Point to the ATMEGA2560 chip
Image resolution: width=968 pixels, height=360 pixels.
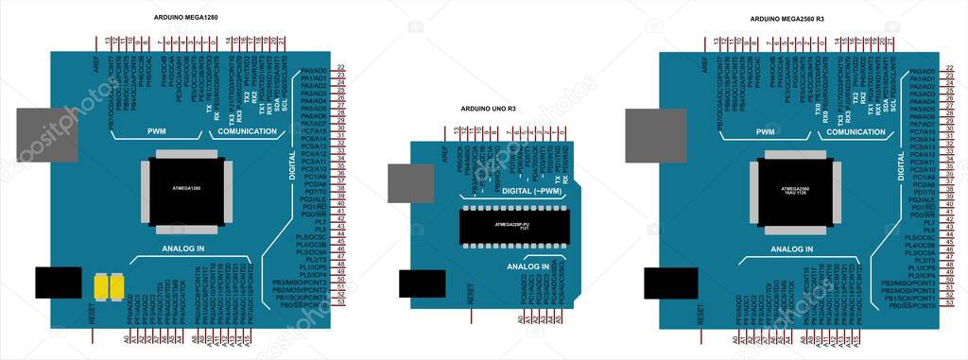coord(794,192)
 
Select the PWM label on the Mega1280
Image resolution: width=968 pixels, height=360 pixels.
coord(156,132)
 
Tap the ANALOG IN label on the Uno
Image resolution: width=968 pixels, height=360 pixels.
coord(528,266)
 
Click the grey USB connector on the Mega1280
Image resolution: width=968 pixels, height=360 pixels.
coord(43,134)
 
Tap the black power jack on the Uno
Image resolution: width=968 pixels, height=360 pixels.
coord(421,283)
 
